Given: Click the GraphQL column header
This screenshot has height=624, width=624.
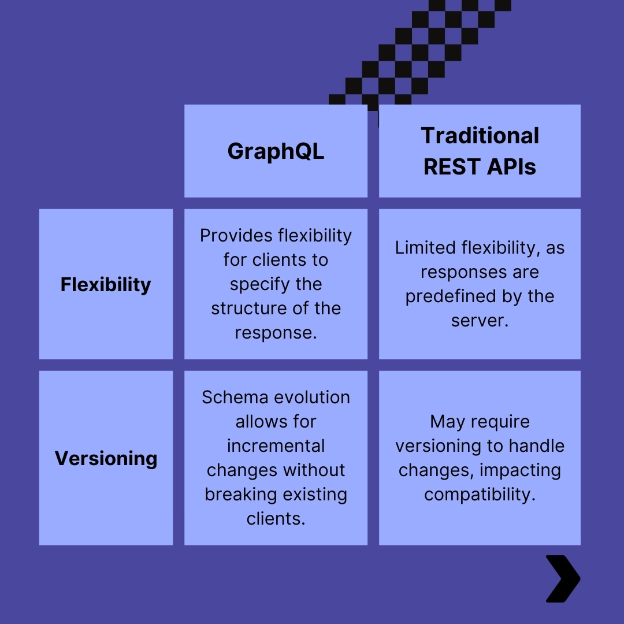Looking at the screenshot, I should [x=276, y=151].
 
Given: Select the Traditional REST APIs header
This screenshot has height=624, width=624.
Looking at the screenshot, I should [x=480, y=151].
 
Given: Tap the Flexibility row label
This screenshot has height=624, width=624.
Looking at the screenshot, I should [x=106, y=284].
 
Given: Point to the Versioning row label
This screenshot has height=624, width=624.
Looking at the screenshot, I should [x=106, y=458].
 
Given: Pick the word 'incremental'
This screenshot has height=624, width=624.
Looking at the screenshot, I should [x=276, y=446].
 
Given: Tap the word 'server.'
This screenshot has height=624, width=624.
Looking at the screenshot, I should [x=480, y=321].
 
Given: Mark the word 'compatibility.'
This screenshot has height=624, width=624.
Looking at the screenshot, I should [x=480, y=495].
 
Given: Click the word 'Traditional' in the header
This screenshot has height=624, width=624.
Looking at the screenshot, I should [x=480, y=136].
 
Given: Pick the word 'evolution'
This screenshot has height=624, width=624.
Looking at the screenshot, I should [x=312, y=398].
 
